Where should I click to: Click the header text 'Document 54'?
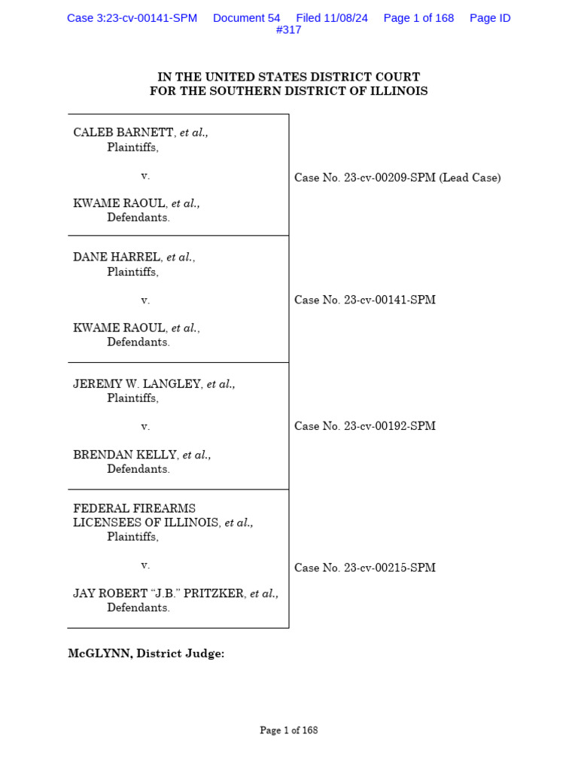(246, 18)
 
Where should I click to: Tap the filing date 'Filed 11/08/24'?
(332, 18)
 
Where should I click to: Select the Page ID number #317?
(288, 30)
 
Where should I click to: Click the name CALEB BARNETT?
(123, 133)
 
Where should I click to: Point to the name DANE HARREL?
(117, 258)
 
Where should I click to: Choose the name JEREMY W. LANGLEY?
(137, 384)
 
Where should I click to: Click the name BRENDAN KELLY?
(125, 455)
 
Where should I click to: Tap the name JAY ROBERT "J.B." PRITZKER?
(158, 593)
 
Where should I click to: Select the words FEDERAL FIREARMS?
(134, 508)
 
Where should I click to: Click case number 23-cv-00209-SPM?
(390, 178)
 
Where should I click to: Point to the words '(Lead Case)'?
(470, 178)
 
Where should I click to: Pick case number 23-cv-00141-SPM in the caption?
(390, 300)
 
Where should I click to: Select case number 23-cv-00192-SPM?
(390, 426)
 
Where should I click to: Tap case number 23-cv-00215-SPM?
(390, 568)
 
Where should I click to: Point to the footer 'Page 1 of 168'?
(289, 730)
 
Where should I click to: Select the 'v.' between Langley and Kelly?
(145, 427)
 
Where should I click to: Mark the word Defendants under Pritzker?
(138, 608)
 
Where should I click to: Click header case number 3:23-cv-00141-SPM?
(132, 18)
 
